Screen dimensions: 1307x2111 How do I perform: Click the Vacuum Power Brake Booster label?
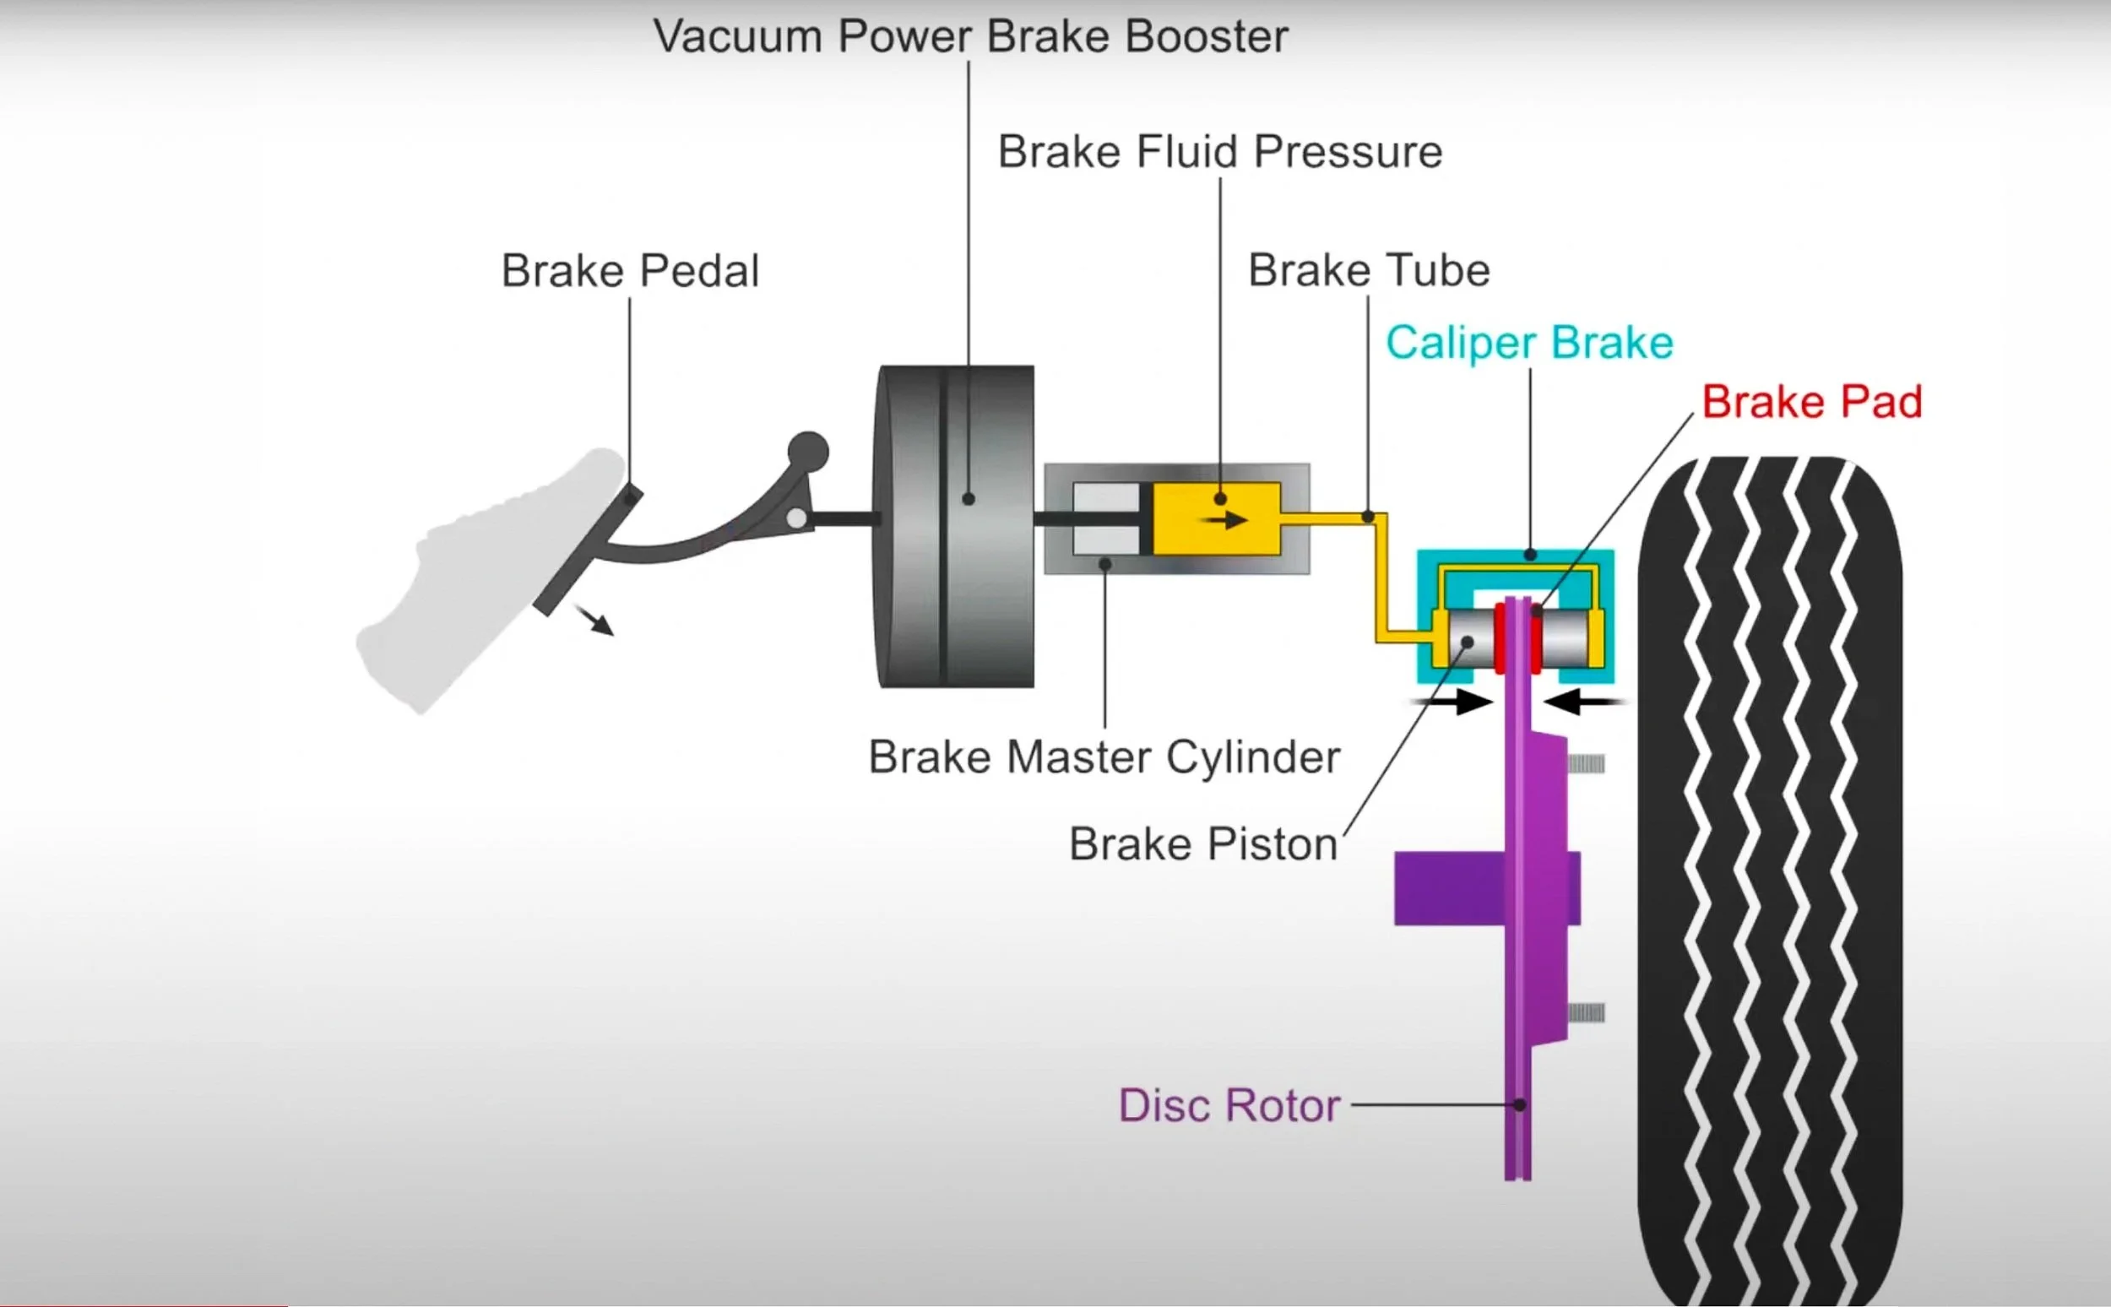(970, 37)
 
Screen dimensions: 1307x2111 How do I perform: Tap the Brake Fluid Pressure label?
(1220, 152)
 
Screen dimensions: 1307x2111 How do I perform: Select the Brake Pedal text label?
(630, 271)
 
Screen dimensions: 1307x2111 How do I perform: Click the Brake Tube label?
(1369, 270)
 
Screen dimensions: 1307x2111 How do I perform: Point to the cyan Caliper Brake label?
(1529, 343)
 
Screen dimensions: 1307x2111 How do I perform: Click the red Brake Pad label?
(1811, 402)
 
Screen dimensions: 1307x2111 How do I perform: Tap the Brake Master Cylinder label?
(1104, 758)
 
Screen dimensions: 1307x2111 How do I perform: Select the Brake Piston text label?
(1203, 844)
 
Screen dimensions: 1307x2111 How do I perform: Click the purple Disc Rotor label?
(1229, 1105)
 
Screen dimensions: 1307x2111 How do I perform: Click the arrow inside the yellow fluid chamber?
(1225, 520)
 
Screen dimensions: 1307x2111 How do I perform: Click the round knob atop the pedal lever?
(808, 452)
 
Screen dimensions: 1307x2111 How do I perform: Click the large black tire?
(1769, 881)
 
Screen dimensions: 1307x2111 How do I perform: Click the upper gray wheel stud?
(1586, 763)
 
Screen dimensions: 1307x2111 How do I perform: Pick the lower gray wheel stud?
(1586, 1012)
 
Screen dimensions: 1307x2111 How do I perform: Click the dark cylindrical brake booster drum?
(955, 528)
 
